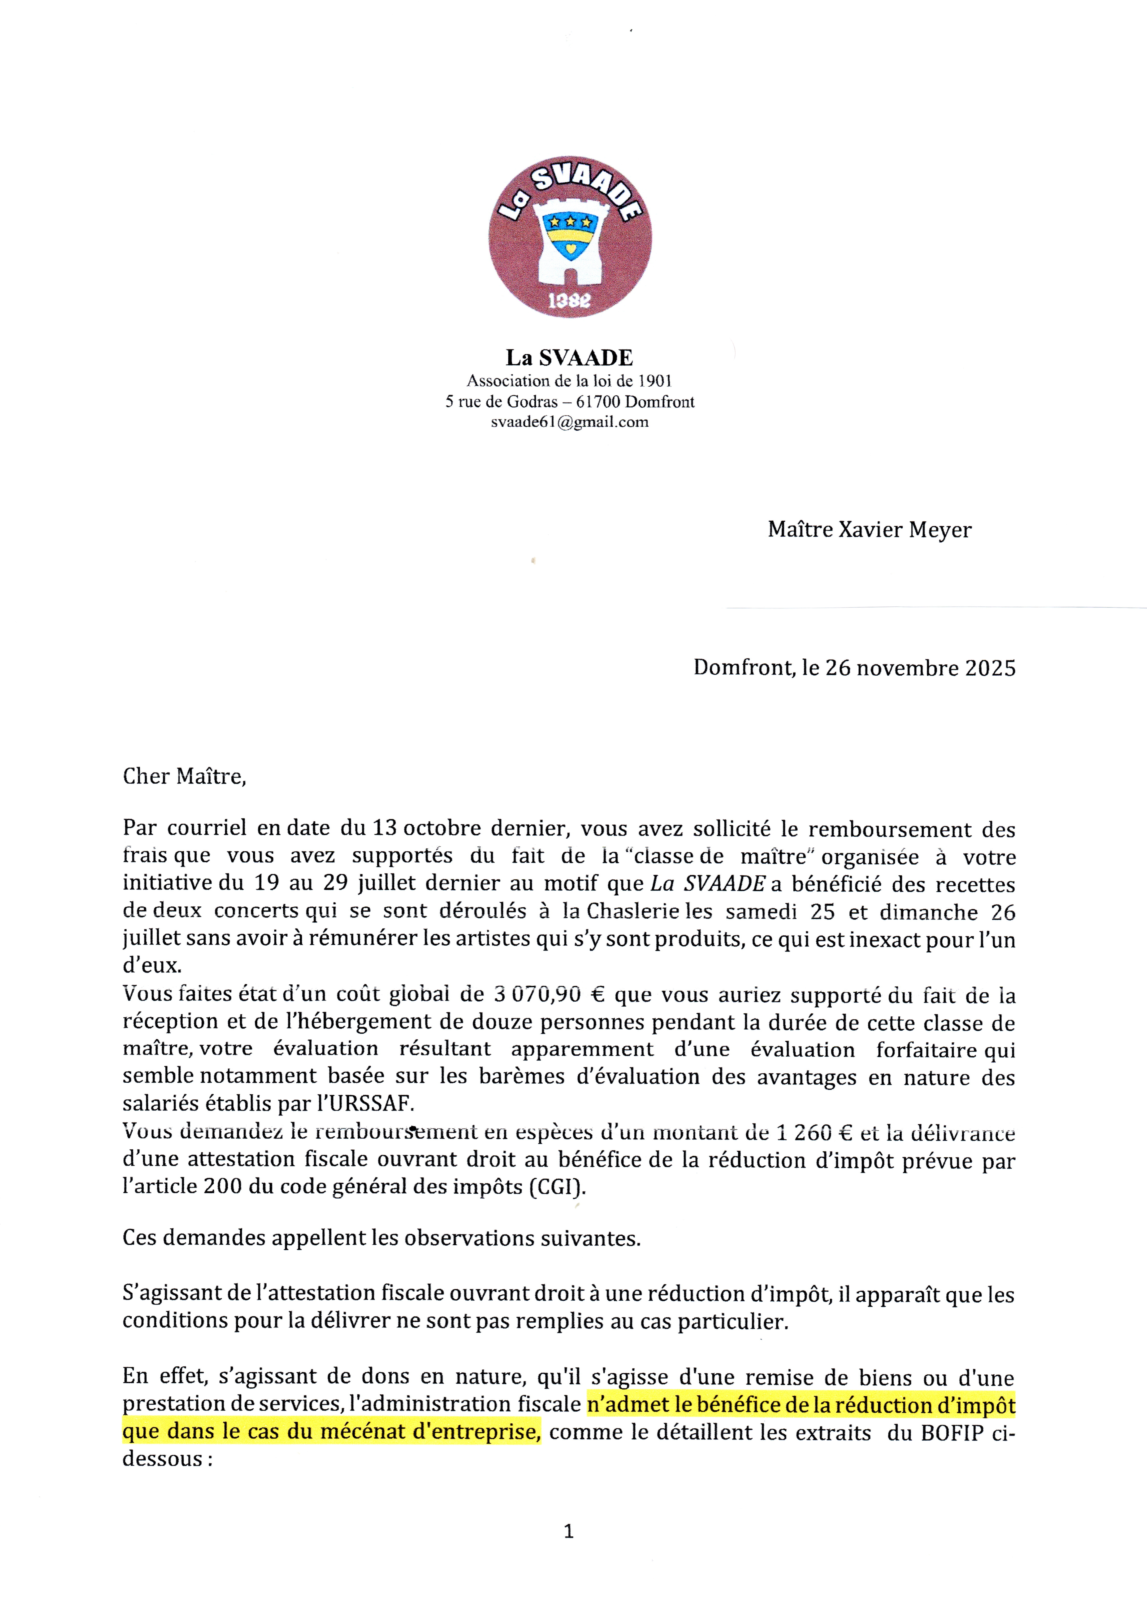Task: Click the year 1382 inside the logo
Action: [570, 301]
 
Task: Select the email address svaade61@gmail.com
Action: [569, 422]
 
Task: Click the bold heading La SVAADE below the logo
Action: [569, 358]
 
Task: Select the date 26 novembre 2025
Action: [920, 668]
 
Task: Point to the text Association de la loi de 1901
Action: [569, 381]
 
